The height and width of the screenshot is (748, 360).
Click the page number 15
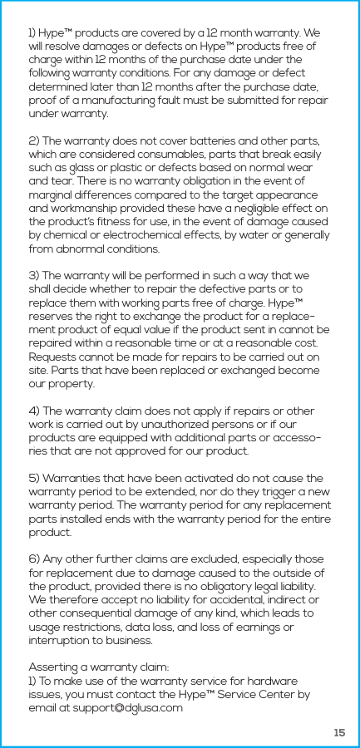click(338, 732)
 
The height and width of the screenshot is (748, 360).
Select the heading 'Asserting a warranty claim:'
click(98, 667)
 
